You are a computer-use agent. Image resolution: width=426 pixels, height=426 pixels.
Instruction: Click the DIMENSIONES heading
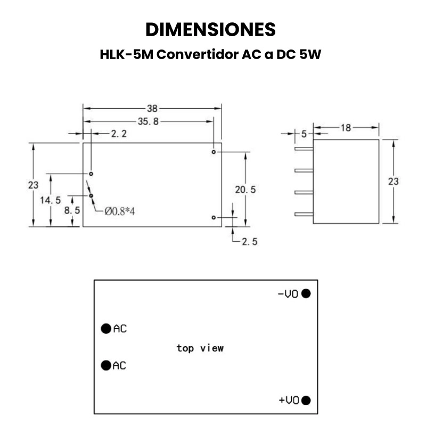210,29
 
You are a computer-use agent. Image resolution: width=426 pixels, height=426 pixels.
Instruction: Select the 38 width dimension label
152,109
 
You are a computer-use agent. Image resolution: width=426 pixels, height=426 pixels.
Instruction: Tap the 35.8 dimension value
148,121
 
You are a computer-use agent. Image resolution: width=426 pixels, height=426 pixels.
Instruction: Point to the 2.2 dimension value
119,134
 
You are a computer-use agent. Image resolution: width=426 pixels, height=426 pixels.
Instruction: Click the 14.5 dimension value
51,200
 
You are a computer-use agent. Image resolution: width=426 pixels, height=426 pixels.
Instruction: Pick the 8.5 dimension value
72,210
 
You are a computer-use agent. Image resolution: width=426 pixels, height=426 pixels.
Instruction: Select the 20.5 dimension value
245,190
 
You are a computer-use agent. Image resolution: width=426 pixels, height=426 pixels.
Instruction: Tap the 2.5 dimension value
249,242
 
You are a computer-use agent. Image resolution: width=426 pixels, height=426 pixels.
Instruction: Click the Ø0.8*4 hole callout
119,211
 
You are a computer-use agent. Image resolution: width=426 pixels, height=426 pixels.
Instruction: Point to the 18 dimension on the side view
346,128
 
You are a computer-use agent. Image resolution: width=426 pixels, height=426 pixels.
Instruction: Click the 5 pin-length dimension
304,134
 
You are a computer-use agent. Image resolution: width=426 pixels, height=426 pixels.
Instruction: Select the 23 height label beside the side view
393,181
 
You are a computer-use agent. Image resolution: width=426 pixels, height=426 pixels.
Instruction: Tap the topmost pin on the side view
304,149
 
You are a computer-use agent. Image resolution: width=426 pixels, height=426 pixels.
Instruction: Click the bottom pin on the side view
304,215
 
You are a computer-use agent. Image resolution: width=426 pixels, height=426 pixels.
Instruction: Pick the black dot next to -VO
306,293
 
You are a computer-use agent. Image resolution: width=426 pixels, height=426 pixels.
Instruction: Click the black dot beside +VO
306,400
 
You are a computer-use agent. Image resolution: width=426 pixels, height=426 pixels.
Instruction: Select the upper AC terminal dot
106,329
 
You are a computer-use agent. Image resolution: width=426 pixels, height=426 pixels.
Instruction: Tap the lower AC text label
119,366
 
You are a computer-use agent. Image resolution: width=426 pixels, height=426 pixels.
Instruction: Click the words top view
200,348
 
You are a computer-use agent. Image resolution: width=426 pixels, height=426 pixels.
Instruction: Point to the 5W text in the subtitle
310,54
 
